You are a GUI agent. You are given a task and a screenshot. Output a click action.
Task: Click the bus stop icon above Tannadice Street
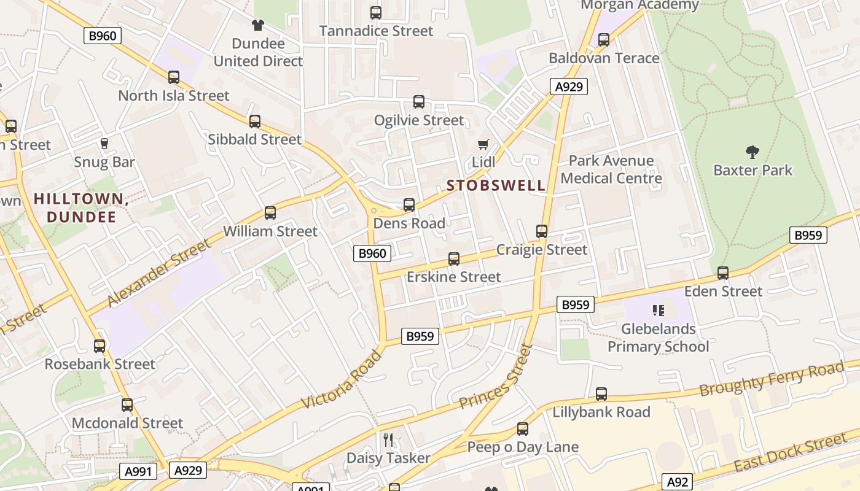376,12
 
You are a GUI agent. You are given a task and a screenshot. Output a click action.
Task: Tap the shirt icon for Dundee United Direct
258,25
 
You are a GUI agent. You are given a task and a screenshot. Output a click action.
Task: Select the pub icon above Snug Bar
104,144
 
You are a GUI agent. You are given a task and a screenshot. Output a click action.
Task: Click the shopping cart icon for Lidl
483,144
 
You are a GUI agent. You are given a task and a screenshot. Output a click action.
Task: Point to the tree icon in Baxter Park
752,152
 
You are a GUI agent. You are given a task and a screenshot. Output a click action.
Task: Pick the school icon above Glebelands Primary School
659,311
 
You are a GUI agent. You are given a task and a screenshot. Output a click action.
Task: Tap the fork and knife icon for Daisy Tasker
388,439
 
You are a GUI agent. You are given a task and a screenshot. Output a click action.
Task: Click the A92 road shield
678,482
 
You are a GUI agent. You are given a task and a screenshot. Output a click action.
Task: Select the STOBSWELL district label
496,185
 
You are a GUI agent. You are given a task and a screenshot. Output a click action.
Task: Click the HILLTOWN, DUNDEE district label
81,207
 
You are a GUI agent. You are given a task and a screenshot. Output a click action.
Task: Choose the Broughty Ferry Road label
772,379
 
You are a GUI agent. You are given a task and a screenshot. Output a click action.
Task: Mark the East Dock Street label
790,452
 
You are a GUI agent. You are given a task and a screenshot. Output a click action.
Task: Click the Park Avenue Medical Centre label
611,169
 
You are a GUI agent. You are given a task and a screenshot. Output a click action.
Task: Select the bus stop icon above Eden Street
723,273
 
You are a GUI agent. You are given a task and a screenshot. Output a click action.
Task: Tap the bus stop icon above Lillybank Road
601,394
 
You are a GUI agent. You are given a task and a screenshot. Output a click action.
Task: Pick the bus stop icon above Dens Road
409,205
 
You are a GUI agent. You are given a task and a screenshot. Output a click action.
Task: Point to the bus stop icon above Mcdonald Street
127,405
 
